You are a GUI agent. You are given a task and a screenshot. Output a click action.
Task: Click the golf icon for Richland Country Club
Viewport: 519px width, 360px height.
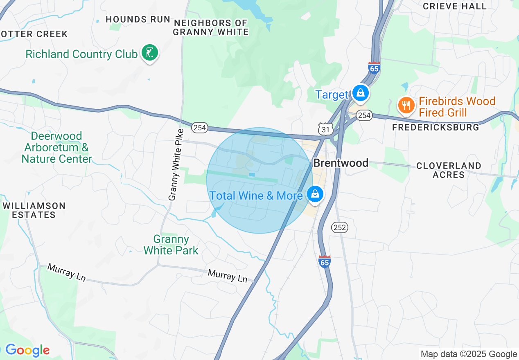tap(150, 53)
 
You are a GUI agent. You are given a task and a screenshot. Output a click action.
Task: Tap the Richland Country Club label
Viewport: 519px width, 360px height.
tap(81, 54)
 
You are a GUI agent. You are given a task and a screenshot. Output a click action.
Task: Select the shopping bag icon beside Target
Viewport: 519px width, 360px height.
tap(360, 93)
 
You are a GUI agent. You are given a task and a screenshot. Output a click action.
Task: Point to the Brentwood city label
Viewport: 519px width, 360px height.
tap(341, 163)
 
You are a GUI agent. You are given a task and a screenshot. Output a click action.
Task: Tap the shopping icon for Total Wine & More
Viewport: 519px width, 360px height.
tap(315, 194)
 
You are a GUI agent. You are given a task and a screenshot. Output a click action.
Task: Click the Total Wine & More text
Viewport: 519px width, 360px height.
tap(256, 196)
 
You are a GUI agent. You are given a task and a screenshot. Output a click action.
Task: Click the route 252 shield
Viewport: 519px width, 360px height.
tap(340, 227)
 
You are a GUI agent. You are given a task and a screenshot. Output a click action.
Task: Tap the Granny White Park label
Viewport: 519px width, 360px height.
tap(171, 245)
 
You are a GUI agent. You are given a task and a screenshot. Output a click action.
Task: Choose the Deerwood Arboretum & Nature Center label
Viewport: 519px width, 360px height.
tap(57, 147)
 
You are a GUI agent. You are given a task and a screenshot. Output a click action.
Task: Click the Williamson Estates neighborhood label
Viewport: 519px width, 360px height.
tap(34, 210)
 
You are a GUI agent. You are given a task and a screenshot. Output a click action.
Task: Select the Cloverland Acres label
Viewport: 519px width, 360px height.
tap(449, 170)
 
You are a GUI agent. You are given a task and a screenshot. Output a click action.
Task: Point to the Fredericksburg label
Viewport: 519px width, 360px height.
tap(436, 127)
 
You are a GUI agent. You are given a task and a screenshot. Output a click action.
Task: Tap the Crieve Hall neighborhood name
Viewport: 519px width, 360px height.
tap(455, 6)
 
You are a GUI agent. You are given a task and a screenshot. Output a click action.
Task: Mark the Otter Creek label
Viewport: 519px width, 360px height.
tap(34, 34)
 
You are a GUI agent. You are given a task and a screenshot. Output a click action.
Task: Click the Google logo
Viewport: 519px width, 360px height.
tap(27, 350)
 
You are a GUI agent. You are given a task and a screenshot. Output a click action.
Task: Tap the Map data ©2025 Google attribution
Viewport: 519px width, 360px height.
tap(469, 354)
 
